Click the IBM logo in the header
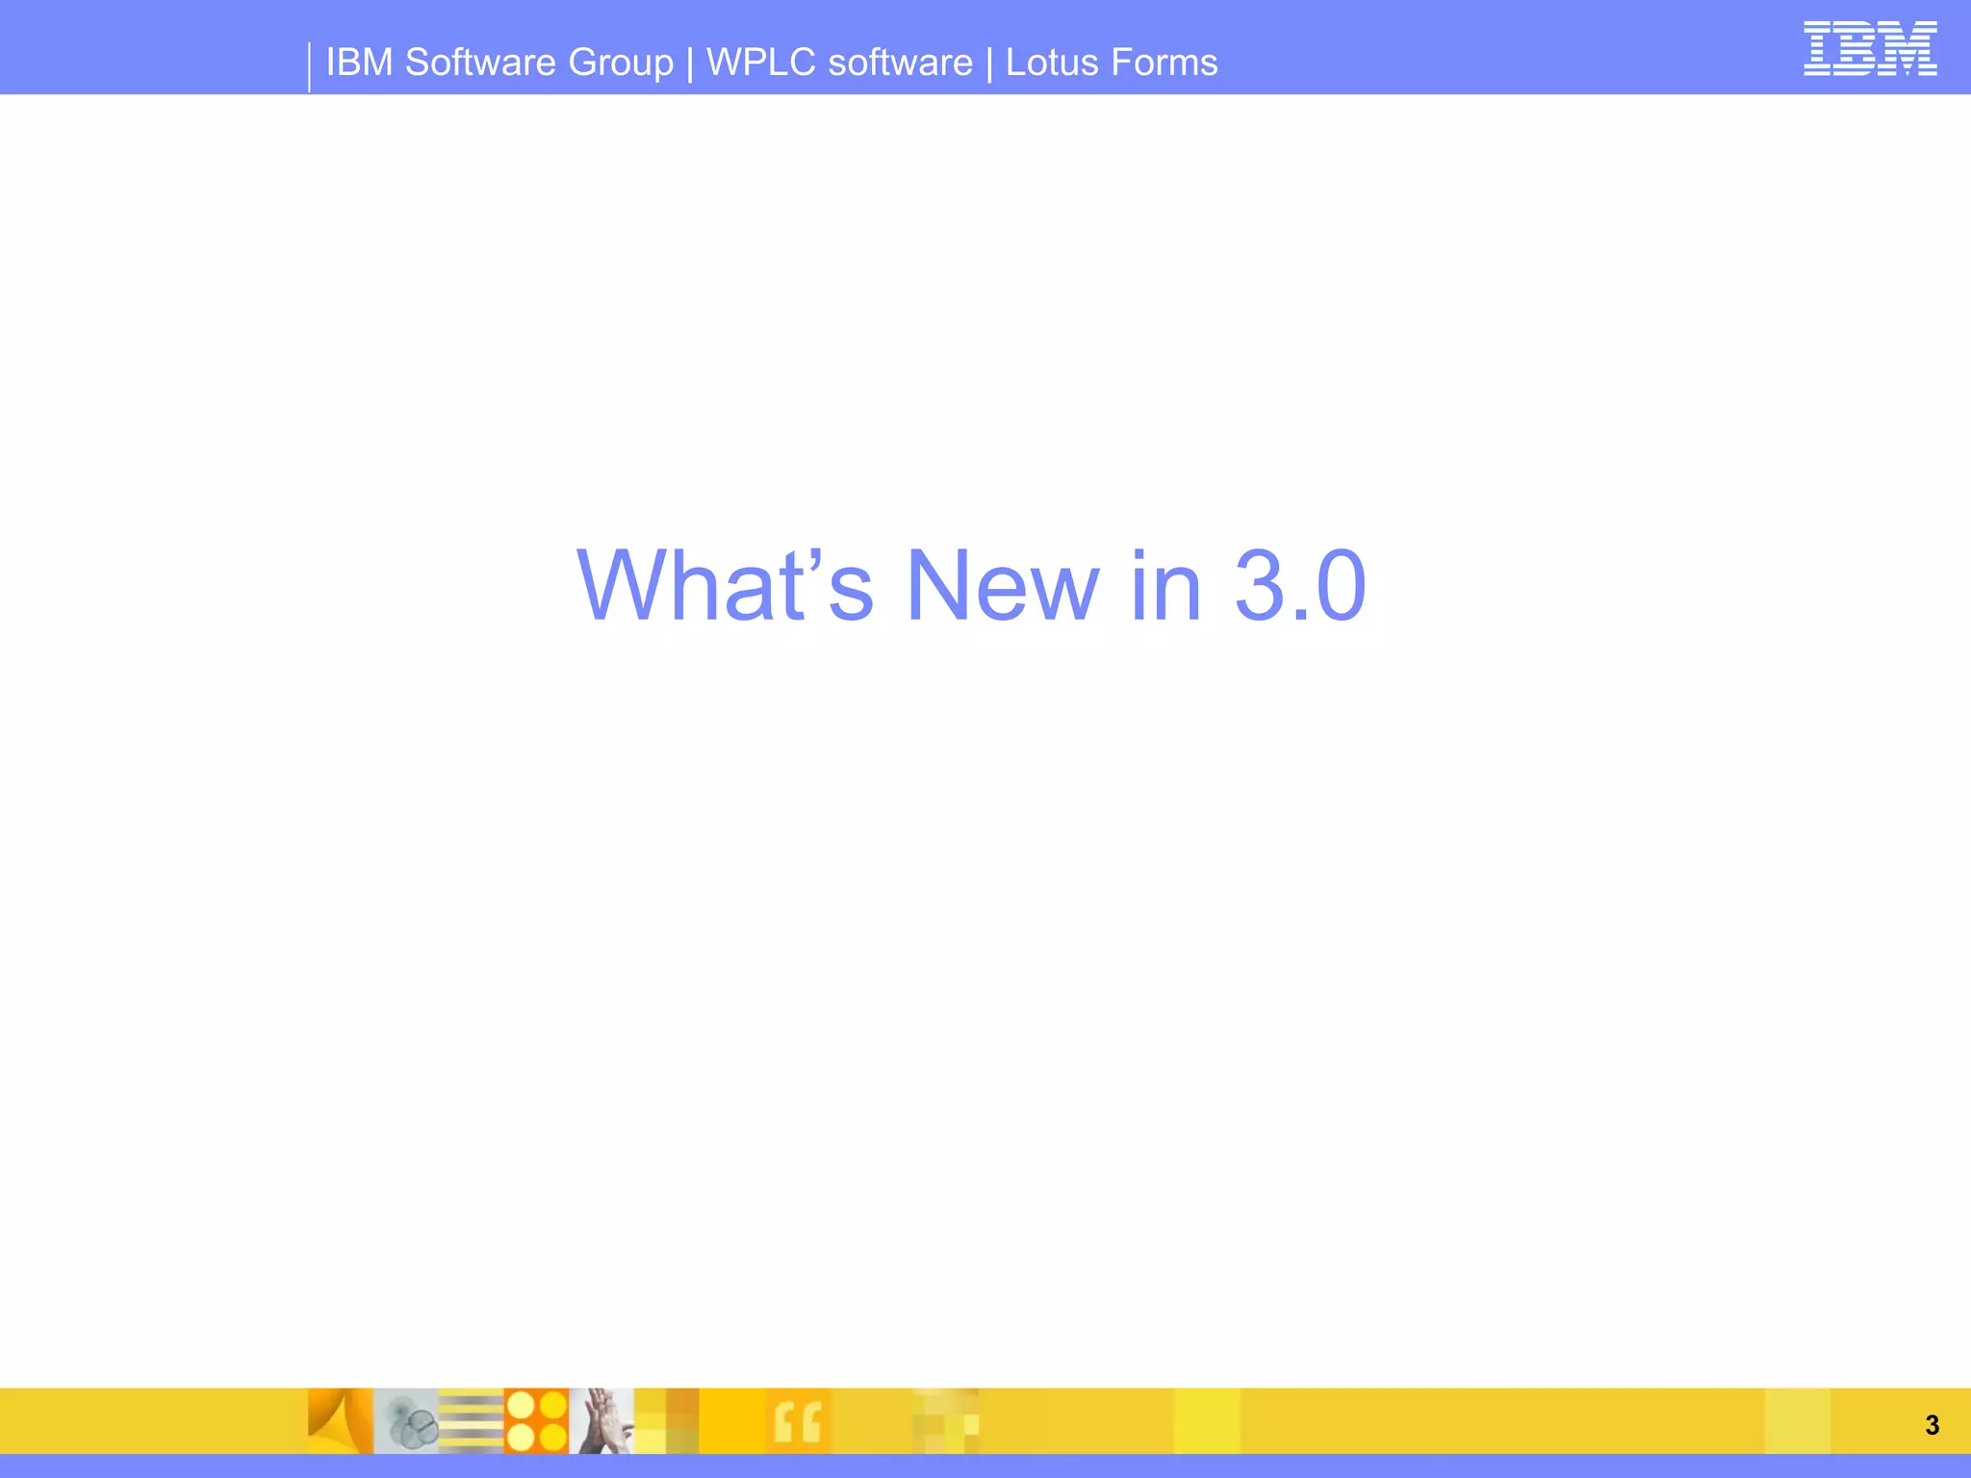[1869, 49]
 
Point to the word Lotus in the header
[1051, 63]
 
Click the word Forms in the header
[1165, 63]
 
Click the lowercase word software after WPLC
[900, 63]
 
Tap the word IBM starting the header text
[359, 63]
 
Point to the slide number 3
[1932, 1425]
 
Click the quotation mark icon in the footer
[798, 1421]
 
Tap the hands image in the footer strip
[602, 1420]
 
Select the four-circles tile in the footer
[536, 1420]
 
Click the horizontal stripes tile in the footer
[471, 1420]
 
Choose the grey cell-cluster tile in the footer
[405, 1420]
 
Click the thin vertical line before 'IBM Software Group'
[309, 67]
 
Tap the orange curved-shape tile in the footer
[340, 1420]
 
